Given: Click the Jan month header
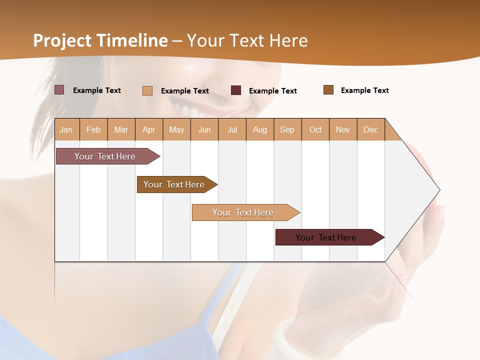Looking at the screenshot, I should click(x=66, y=129).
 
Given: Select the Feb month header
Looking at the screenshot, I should click(x=93, y=129).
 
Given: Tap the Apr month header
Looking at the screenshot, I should click(x=148, y=129).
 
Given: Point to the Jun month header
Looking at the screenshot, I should click(x=204, y=129).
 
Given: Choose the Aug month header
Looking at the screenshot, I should click(x=260, y=129).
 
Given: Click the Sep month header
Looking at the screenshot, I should click(x=287, y=129).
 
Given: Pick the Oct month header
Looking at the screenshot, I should click(x=315, y=129).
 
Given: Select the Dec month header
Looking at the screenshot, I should click(x=371, y=129).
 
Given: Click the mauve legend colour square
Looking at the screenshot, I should click(x=59, y=90).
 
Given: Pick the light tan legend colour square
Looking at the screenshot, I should click(x=147, y=90).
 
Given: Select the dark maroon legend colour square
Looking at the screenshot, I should click(x=236, y=90).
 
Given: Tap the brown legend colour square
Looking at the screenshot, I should click(x=328, y=90).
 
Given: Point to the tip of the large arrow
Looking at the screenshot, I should click(x=439, y=190).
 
